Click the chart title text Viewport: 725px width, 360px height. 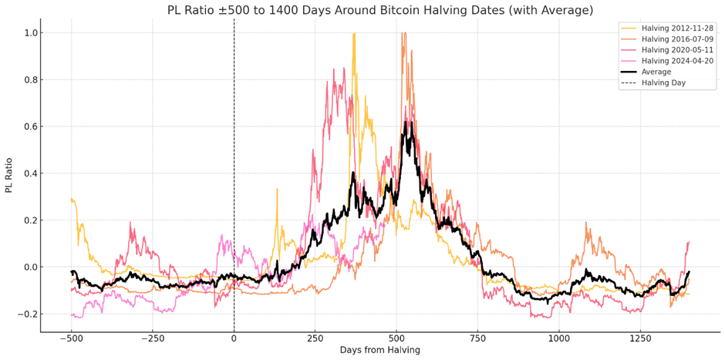click(380, 10)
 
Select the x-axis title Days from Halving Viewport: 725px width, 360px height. click(380, 350)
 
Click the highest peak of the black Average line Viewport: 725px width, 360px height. click(410, 123)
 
